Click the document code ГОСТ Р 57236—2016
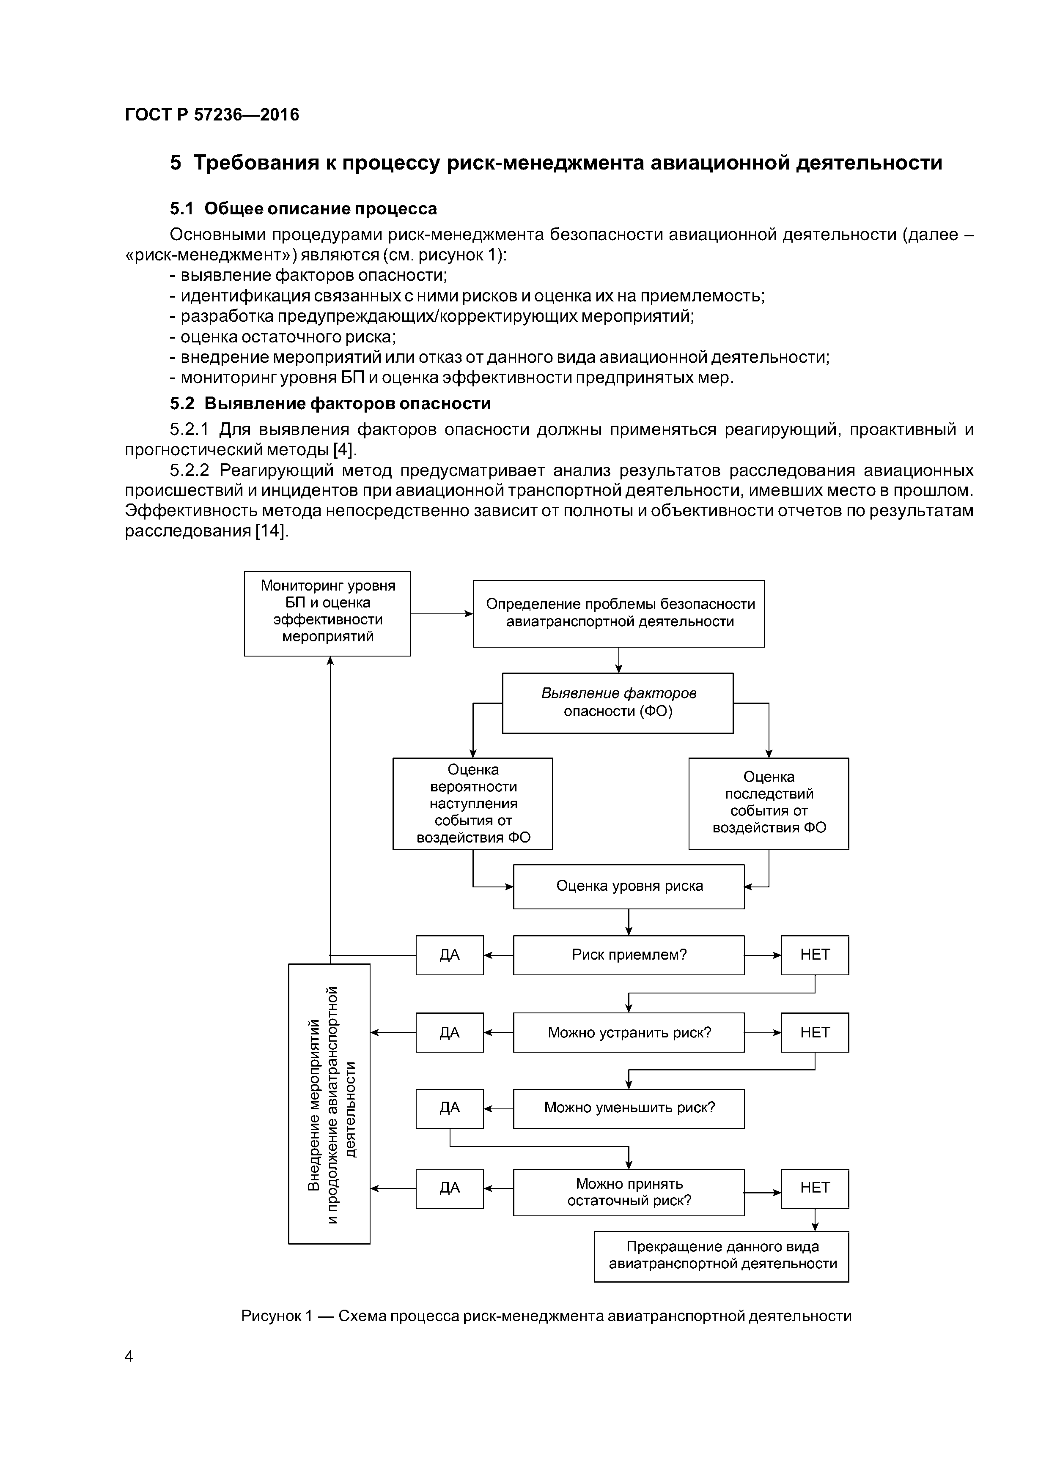[212, 115]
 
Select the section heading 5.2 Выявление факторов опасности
[330, 404]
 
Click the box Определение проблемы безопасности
[618, 613]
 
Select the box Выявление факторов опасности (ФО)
[618, 702]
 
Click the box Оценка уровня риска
[629, 886]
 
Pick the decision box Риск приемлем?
[629, 955]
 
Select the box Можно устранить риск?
[629, 1032]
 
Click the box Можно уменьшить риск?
[629, 1108]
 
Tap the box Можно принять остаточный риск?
[629, 1192]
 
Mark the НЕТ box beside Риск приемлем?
[814, 955]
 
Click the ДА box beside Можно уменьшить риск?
[449, 1108]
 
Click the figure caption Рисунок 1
[546, 1316]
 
